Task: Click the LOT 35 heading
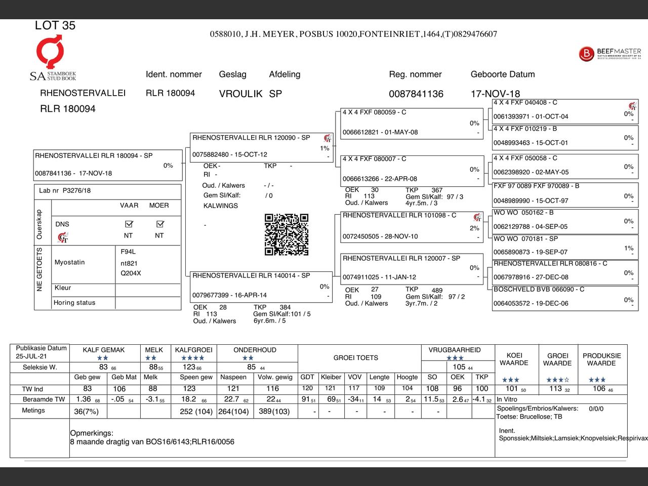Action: pos(55,25)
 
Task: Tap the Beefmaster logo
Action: pos(610,53)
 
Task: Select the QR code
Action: pos(286,234)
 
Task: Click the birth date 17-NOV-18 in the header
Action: pos(495,94)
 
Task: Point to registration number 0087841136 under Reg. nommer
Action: pos(416,94)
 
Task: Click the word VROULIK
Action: pos(240,94)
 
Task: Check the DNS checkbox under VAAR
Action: pos(129,224)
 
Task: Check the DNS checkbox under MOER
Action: pos(160,224)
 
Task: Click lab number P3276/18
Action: pos(76,190)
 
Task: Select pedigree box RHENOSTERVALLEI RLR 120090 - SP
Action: pos(261,146)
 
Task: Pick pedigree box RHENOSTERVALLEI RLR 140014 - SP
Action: pos(261,286)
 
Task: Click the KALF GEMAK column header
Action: pos(104,350)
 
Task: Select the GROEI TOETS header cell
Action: pos(355,357)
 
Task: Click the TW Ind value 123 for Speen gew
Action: pos(189,388)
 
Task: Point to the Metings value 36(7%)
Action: pos(87,412)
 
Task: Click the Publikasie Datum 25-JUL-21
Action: pos(31,356)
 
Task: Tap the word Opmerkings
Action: pos(92,433)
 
